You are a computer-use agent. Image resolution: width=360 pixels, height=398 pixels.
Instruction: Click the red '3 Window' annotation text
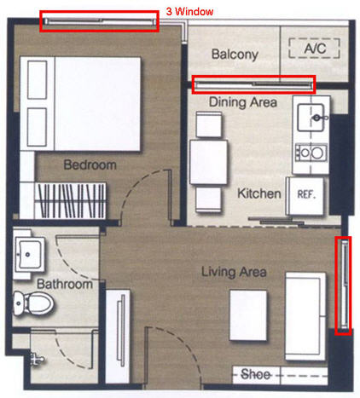tap(189, 11)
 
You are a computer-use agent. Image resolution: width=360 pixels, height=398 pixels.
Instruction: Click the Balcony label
tap(235, 55)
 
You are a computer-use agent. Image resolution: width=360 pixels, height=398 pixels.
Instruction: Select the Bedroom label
tap(90, 164)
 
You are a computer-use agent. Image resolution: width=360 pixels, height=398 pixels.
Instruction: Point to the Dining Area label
tap(243, 102)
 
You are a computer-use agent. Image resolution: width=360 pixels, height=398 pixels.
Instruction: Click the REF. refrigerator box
tap(305, 196)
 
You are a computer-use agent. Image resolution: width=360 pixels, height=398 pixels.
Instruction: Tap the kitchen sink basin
tap(311, 117)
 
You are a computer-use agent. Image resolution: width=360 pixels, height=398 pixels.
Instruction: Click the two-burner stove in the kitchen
tap(311, 153)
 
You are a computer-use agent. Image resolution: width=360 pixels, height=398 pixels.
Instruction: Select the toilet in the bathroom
tap(33, 303)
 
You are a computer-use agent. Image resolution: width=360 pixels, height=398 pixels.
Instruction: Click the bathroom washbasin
tap(29, 254)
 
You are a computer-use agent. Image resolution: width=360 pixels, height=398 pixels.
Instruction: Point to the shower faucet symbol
tap(36, 360)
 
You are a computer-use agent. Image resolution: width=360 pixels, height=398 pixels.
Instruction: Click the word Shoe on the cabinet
tap(255, 374)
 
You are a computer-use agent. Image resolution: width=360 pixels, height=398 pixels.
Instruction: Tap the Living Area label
tap(234, 272)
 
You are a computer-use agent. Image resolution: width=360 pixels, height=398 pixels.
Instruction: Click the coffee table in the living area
tap(248, 315)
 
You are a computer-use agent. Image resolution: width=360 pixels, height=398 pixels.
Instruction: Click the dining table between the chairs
tap(209, 162)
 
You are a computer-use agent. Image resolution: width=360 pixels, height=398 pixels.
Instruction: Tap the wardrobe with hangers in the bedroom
tap(70, 201)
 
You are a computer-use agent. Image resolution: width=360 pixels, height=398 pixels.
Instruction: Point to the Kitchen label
tap(259, 193)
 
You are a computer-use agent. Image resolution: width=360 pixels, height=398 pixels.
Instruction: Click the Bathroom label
tap(65, 284)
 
